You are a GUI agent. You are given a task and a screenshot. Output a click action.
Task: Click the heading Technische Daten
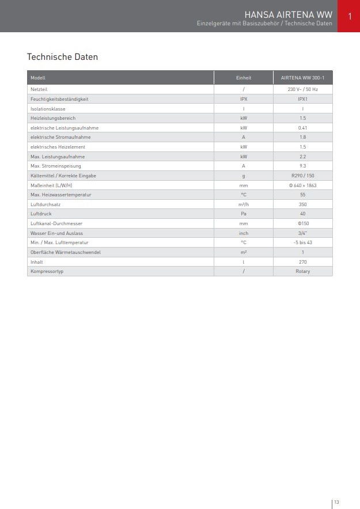point(62,57)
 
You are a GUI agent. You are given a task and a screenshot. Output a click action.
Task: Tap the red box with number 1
point(349,16)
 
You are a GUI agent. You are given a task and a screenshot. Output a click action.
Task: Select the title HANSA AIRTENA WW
point(289,14)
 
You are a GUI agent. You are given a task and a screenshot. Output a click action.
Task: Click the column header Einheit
point(244,78)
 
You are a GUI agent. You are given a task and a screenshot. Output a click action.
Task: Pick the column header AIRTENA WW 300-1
point(302,78)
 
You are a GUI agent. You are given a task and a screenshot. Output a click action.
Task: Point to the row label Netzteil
point(39,90)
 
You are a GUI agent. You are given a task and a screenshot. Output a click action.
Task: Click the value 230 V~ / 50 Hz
point(302,90)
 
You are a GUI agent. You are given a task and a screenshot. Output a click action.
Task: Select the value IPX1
point(302,99)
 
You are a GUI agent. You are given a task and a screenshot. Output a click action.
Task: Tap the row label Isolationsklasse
point(48,109)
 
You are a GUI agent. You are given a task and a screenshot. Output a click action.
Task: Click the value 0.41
point(302,128)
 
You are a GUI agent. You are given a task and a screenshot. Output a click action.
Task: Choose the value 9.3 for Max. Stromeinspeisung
point(302,166)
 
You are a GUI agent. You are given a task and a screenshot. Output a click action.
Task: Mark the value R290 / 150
point(302,176)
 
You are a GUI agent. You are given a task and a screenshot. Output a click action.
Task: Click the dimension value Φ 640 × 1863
point(302,185)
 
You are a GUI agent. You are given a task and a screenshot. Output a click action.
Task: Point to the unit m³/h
point(244,204)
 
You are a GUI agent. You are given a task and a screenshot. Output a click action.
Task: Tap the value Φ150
point(302,223)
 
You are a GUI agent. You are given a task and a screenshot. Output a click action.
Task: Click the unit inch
point(244,233)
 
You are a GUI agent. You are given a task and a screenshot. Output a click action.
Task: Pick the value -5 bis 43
point(302,242)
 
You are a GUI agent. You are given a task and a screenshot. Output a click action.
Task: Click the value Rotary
point(302,271)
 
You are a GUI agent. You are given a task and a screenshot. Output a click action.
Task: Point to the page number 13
point(337,502)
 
